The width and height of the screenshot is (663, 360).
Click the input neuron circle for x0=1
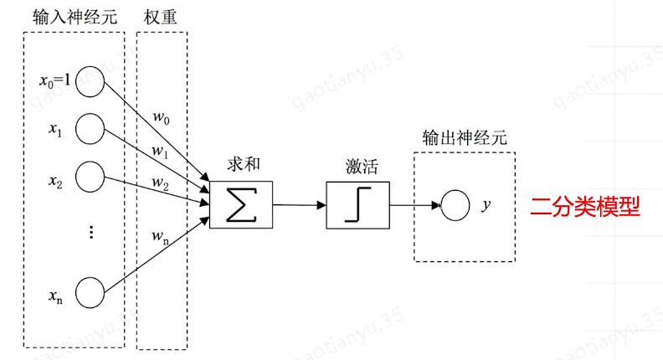pyautogui.click(x=90, y=81)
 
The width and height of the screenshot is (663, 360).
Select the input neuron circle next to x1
pyautogui.click(x=90, y=129)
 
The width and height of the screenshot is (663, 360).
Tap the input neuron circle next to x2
pyautogui.click(x=90, y=177)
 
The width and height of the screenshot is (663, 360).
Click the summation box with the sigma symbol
pyautogui.click(x=241, y=204)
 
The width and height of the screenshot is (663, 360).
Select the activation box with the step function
pyautogui.click(x=357, y=205)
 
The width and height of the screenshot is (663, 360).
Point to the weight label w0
pyautogui.click(x=161, y=117)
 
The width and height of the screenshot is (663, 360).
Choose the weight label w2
pyautogui.click(x=160, y=182)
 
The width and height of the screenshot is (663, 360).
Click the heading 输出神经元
pyautogui.click(x=465, y=137)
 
